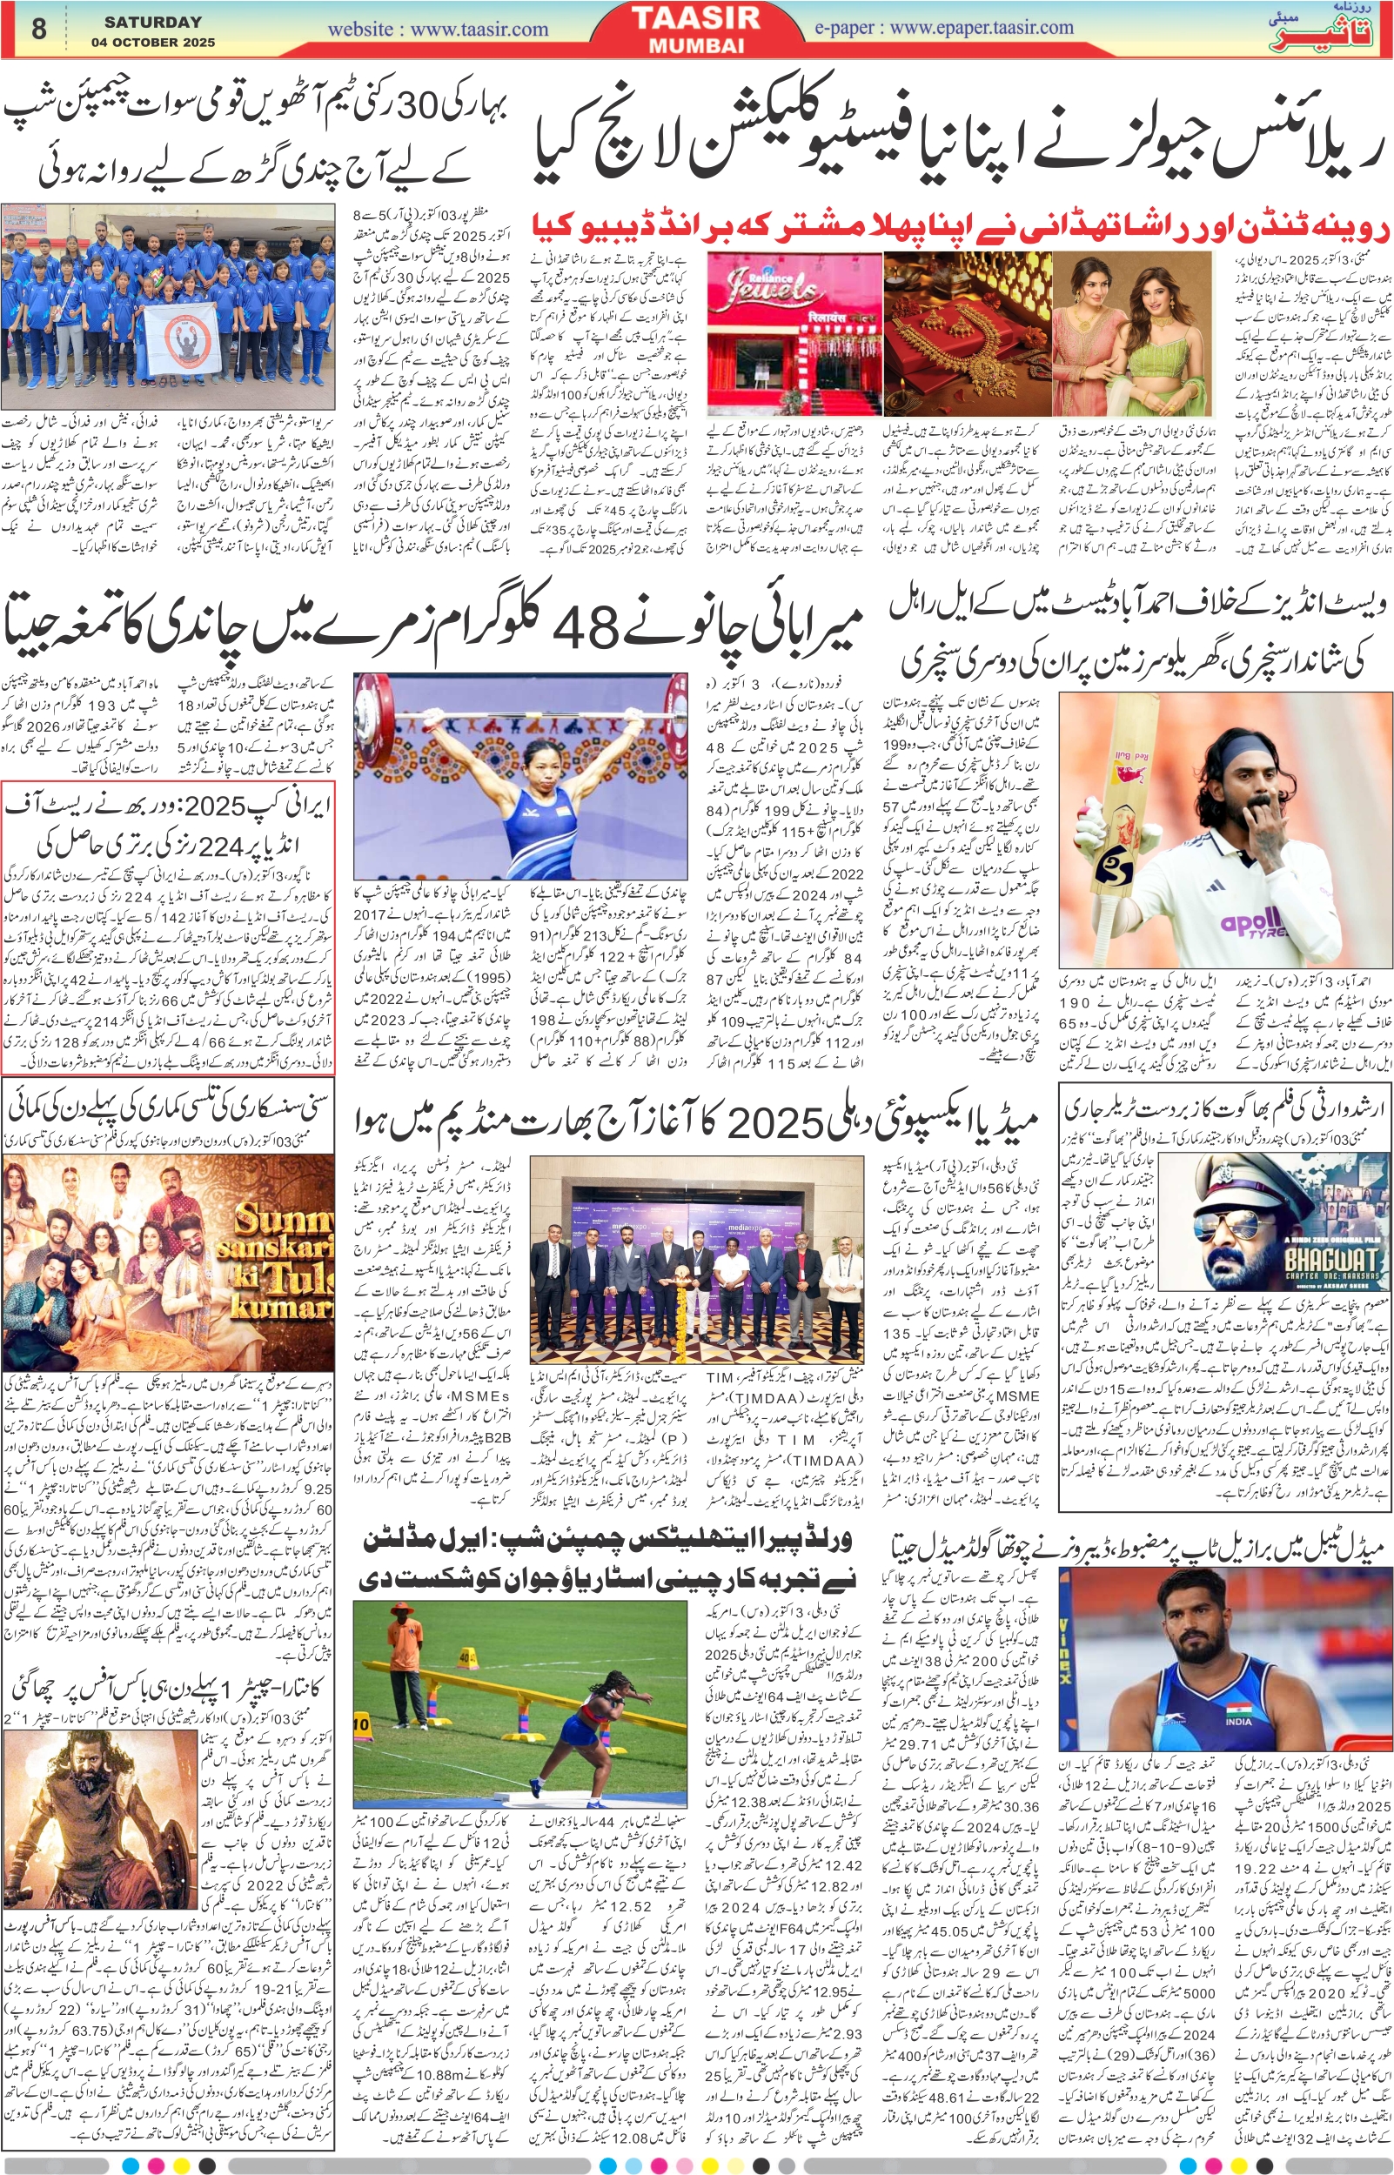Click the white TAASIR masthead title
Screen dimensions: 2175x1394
696,18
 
